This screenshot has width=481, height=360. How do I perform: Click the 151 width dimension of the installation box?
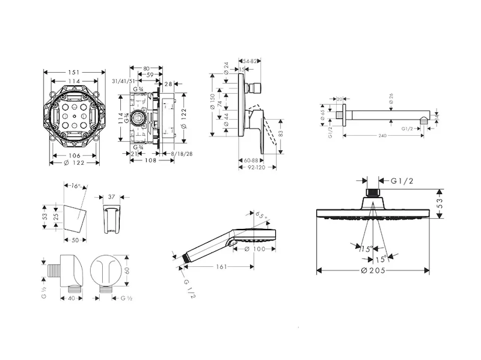(73, 70)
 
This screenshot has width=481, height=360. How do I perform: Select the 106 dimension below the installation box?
(73, 156)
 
